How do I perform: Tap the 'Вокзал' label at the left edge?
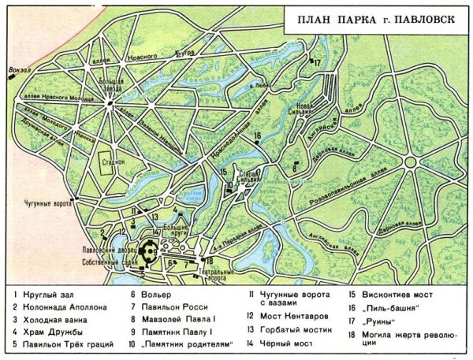17,70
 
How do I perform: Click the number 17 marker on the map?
317,61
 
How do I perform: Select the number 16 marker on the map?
257,135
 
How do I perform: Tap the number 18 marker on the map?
210,261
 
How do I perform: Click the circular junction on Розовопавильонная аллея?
411,161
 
